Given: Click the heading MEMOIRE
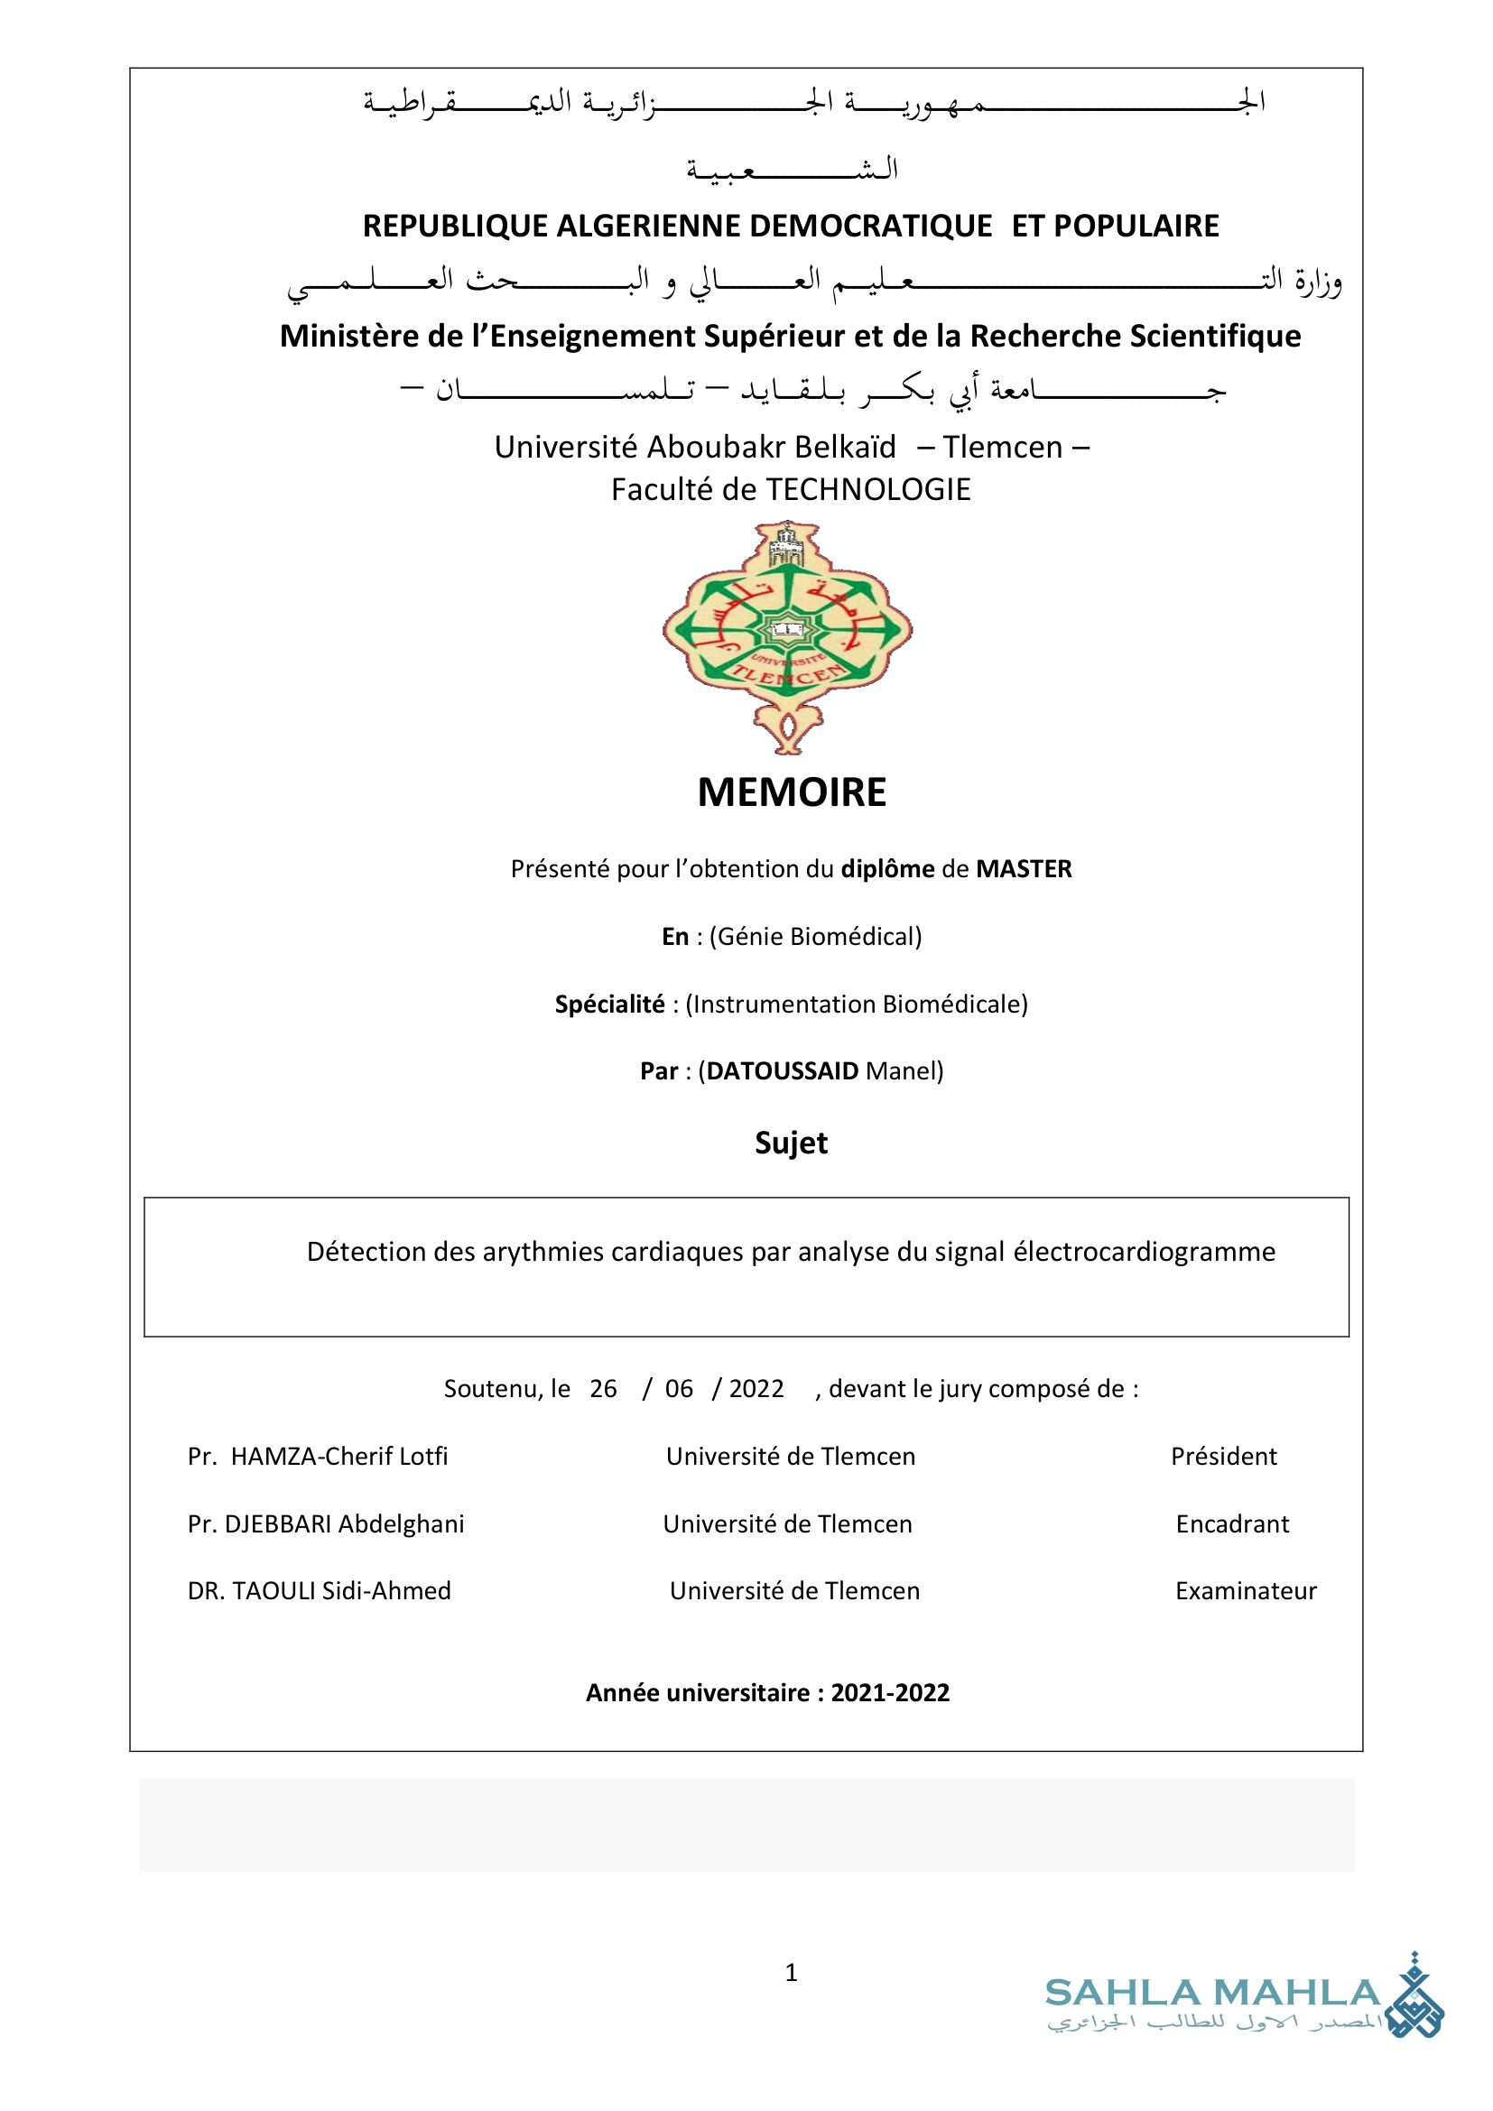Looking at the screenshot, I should point(792,792).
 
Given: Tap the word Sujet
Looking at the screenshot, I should point(791,1143).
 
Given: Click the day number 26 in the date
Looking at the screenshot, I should point(603,1388).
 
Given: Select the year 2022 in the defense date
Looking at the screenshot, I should point(756,1388).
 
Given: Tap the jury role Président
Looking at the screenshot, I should point(1224,1457).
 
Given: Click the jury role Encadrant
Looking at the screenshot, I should point(1232,1524).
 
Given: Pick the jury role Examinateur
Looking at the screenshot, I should point(1246,1590).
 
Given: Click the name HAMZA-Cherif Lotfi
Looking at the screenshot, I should point(339,1457).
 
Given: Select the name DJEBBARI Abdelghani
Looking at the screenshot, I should point(345,1524).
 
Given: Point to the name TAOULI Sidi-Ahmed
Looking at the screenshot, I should point(341,1590).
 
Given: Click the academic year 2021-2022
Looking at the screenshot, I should point(890,1692).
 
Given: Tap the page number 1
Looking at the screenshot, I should point(791,1972).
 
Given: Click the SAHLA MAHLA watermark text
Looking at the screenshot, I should point(1211,1994).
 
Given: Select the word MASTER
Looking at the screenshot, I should point(1024,869).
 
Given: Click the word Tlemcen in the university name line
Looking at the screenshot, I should point(1002,447).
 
